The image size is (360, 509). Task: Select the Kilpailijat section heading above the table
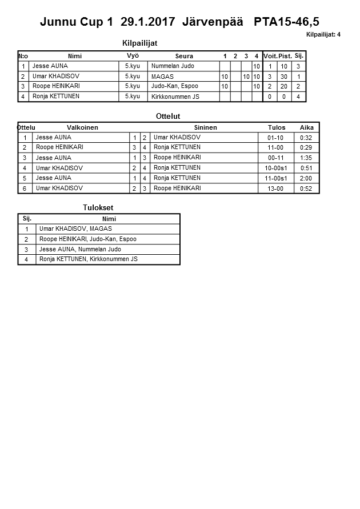[140, 43]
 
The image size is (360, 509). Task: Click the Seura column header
[184, 56]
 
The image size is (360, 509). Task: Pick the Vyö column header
[133, 56]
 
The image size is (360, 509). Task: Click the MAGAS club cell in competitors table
[162, 77]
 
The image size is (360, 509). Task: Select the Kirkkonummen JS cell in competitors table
[175, 97]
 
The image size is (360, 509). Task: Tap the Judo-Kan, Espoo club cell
[174, 86]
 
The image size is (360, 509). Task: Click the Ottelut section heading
[168, 116]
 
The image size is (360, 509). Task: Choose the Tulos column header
[277, 127]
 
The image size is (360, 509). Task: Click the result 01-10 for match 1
[275, 138]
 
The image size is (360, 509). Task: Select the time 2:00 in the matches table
[306, 178]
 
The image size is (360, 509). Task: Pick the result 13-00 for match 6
[275, 189]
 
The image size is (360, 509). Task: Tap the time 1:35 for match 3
[306, 158]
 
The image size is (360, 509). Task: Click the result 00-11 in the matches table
[275, 158]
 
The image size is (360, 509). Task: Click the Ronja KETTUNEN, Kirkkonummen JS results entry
[89, 259]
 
